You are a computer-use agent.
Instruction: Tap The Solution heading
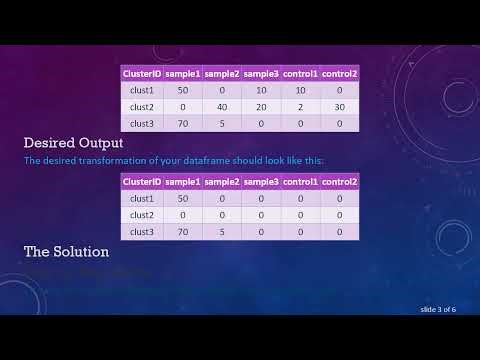pyautogui.click(x=65, y=251)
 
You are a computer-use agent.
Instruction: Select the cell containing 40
pyautogui.click(x=222, y=107)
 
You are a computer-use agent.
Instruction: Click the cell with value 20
pyautogui.click(x=261, y=107)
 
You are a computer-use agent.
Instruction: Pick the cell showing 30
pyautogui.click(x=340, y=107)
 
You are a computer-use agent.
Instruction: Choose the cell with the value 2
pyautogui.click(x=300, y=107)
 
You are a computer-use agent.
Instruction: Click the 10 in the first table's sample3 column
pyautogui.click(x=261, y=90)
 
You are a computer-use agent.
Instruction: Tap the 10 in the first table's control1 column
pyautogui.click(x=300, y=90)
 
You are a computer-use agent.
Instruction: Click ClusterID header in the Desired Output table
pyautogui.click(x=141, y=181)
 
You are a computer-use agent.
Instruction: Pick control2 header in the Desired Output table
pyautogui.click(x=340, y=181)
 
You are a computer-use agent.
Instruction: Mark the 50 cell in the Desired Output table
pyautogui.click(x=183, y=198)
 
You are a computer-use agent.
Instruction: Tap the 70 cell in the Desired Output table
pyautogui.click(x=183, y=231)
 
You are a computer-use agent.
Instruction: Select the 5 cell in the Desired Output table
pyautogui.click(x=222, y=231)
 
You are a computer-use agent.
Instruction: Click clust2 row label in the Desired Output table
pyautogui.click(x=141, y=215)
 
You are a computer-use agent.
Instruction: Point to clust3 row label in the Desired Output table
pyautogui.click(x=141, y=231)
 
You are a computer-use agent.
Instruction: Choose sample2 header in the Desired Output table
pyautogui.click(x=222, y=181)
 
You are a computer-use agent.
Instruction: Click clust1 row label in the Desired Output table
pyautogui.click(x=141, y=198)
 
